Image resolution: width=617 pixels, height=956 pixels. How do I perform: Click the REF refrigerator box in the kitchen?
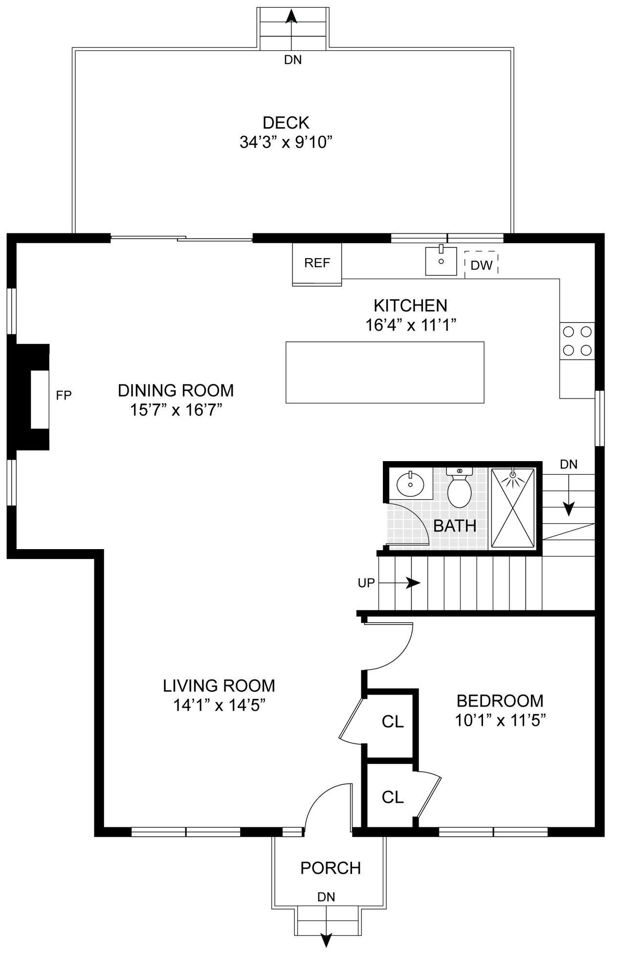[317, 264]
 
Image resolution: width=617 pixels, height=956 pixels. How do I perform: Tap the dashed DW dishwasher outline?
[481, 265]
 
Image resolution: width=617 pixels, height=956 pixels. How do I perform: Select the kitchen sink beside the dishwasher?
[441, 261]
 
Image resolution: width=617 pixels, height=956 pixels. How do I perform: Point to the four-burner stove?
[577, 341]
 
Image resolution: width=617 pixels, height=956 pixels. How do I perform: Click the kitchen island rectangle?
[385, 372]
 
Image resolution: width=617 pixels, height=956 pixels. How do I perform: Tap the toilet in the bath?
[459, 487]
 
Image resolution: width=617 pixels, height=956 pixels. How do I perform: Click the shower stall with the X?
[513, 508]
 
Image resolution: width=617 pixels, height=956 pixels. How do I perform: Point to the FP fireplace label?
[64, 395]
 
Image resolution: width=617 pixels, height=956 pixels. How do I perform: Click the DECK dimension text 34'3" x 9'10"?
[286, 142]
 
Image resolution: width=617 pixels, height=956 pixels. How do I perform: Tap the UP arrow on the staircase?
[399, 583]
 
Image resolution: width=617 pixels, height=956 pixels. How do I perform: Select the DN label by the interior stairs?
[569, 464]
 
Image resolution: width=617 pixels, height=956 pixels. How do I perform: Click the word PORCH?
[331, 868]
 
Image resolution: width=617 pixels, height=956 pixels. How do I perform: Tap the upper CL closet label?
[393, 721]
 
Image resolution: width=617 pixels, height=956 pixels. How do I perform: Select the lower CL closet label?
[393, 798]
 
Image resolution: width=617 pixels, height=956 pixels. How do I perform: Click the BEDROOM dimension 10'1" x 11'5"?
[500, 720]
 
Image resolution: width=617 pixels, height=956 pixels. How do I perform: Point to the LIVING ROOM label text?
[219, 686]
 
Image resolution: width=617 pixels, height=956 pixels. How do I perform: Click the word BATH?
[455, 526]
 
